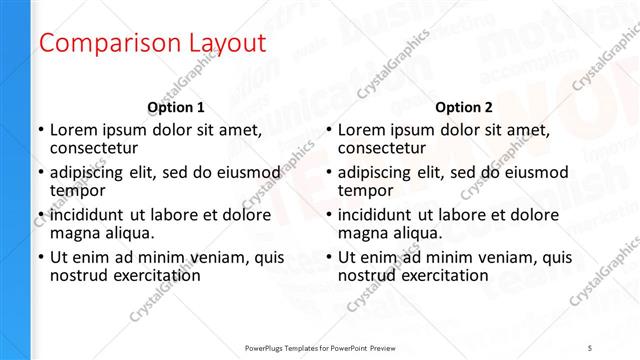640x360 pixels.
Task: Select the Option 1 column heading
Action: tap(176, 107)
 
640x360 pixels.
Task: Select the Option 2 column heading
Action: tap(464, 107)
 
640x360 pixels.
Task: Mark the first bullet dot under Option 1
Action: tap(40, 130)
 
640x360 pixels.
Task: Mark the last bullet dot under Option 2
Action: tap(328, 257)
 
